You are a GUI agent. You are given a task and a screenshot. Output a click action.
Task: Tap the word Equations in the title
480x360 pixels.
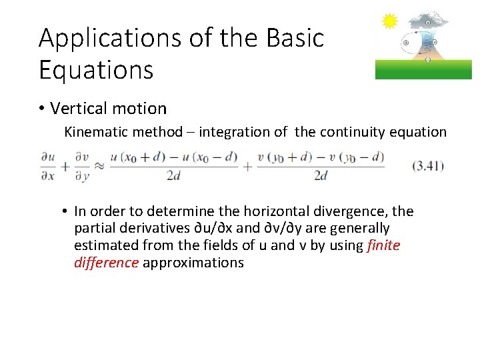[x=96, y=69]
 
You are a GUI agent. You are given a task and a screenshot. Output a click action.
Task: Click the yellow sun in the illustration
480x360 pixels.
[x=389, y=21]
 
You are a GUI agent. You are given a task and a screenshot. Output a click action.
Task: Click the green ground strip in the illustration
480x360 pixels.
[x=423, y=69]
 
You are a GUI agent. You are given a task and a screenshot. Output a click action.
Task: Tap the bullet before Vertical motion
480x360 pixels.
[x=43, y=109]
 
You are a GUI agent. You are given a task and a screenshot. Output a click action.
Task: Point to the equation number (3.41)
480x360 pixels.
[x=427, y=165]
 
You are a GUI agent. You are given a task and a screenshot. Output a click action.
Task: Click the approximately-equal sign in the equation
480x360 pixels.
[x=98, y=166]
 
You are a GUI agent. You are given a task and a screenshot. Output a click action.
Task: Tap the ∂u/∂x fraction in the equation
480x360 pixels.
[x=47, y=166]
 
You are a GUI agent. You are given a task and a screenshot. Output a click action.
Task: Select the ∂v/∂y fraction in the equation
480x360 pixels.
[x=81, y=166]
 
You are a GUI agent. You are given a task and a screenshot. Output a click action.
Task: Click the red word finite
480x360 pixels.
[x=383, y=245]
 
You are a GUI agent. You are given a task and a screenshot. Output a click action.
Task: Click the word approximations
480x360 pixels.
[x=193, y=263]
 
